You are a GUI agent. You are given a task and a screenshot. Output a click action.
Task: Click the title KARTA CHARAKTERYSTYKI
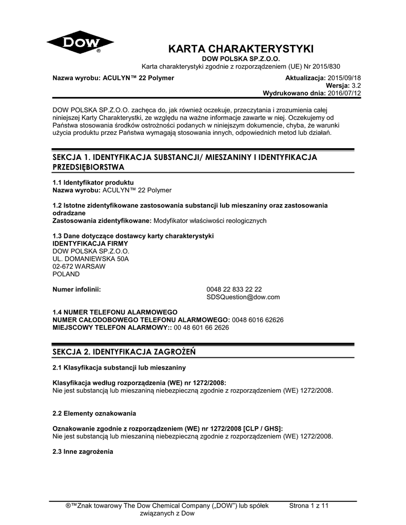[x=241, y=49]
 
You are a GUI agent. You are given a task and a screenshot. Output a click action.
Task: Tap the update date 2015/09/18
[x=345, y=77]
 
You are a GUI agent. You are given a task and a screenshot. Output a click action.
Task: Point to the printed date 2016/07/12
[x=345, y=94]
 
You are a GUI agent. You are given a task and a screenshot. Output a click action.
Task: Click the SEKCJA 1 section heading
[x=185, y=161]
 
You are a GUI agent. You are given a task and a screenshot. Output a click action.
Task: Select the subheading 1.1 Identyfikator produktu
[x=93, y=182]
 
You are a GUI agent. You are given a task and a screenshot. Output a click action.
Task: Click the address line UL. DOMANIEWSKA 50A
[x=91, y=259]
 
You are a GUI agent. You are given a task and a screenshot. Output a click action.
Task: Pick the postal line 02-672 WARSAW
[x=79, y=267]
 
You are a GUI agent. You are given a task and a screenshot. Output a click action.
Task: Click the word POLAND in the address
[x=67, y=274]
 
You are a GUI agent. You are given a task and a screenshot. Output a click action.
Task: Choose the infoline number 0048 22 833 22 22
[x=234, y=289]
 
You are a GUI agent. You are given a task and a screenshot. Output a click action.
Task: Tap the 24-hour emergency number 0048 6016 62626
[x=258, y=319]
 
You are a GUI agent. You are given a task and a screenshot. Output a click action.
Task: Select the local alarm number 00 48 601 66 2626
[x=202, y=327]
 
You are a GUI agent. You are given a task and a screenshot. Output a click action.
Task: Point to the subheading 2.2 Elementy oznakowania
[x=94, y=413]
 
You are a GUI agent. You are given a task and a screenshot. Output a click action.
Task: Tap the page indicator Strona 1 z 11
[x=308, y=506]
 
